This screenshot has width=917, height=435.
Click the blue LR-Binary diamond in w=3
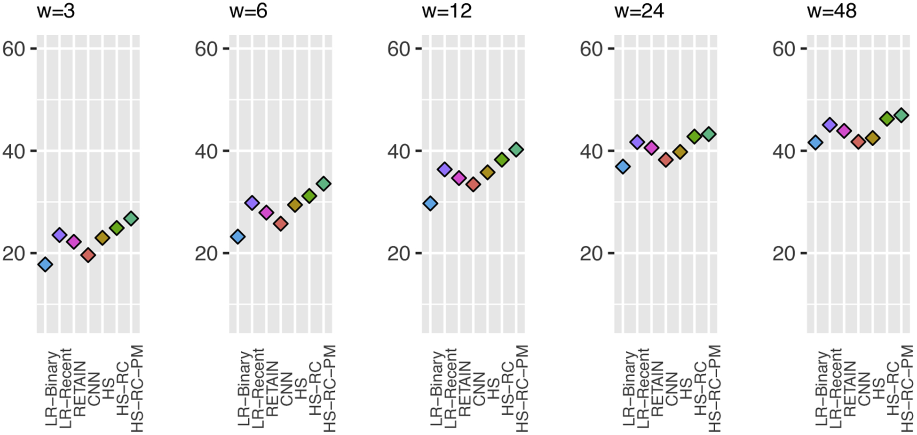(x=45, y=264)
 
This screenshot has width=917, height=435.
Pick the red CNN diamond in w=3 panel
(x=88, y=255)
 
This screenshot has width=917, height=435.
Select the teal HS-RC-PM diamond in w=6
(x=324, y=183)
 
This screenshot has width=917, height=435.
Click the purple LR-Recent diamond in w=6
(x=252, y=203)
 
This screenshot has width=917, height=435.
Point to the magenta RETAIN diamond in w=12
(x=459, y=178)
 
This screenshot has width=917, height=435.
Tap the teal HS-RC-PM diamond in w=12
(x=516, y=150)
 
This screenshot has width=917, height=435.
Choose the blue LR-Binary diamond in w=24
(x=623, y=166)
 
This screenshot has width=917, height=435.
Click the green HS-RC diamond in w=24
(x=694, y=136)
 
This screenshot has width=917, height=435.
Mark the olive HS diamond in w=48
(x=873, y=138)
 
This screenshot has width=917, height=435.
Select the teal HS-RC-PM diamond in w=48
(x=901, y=115)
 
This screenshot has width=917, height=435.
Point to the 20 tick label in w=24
(x=591, y=253)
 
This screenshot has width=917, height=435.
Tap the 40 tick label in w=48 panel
(x=784, y=151)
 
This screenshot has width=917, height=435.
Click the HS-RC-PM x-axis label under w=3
(x=136, y=388)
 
